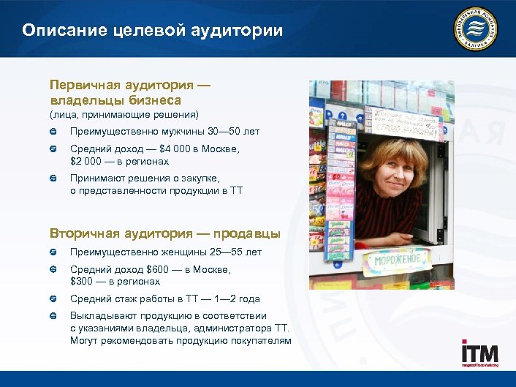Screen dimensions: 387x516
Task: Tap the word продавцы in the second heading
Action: [248, 233]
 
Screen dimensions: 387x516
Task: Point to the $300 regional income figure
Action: [81, 281]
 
